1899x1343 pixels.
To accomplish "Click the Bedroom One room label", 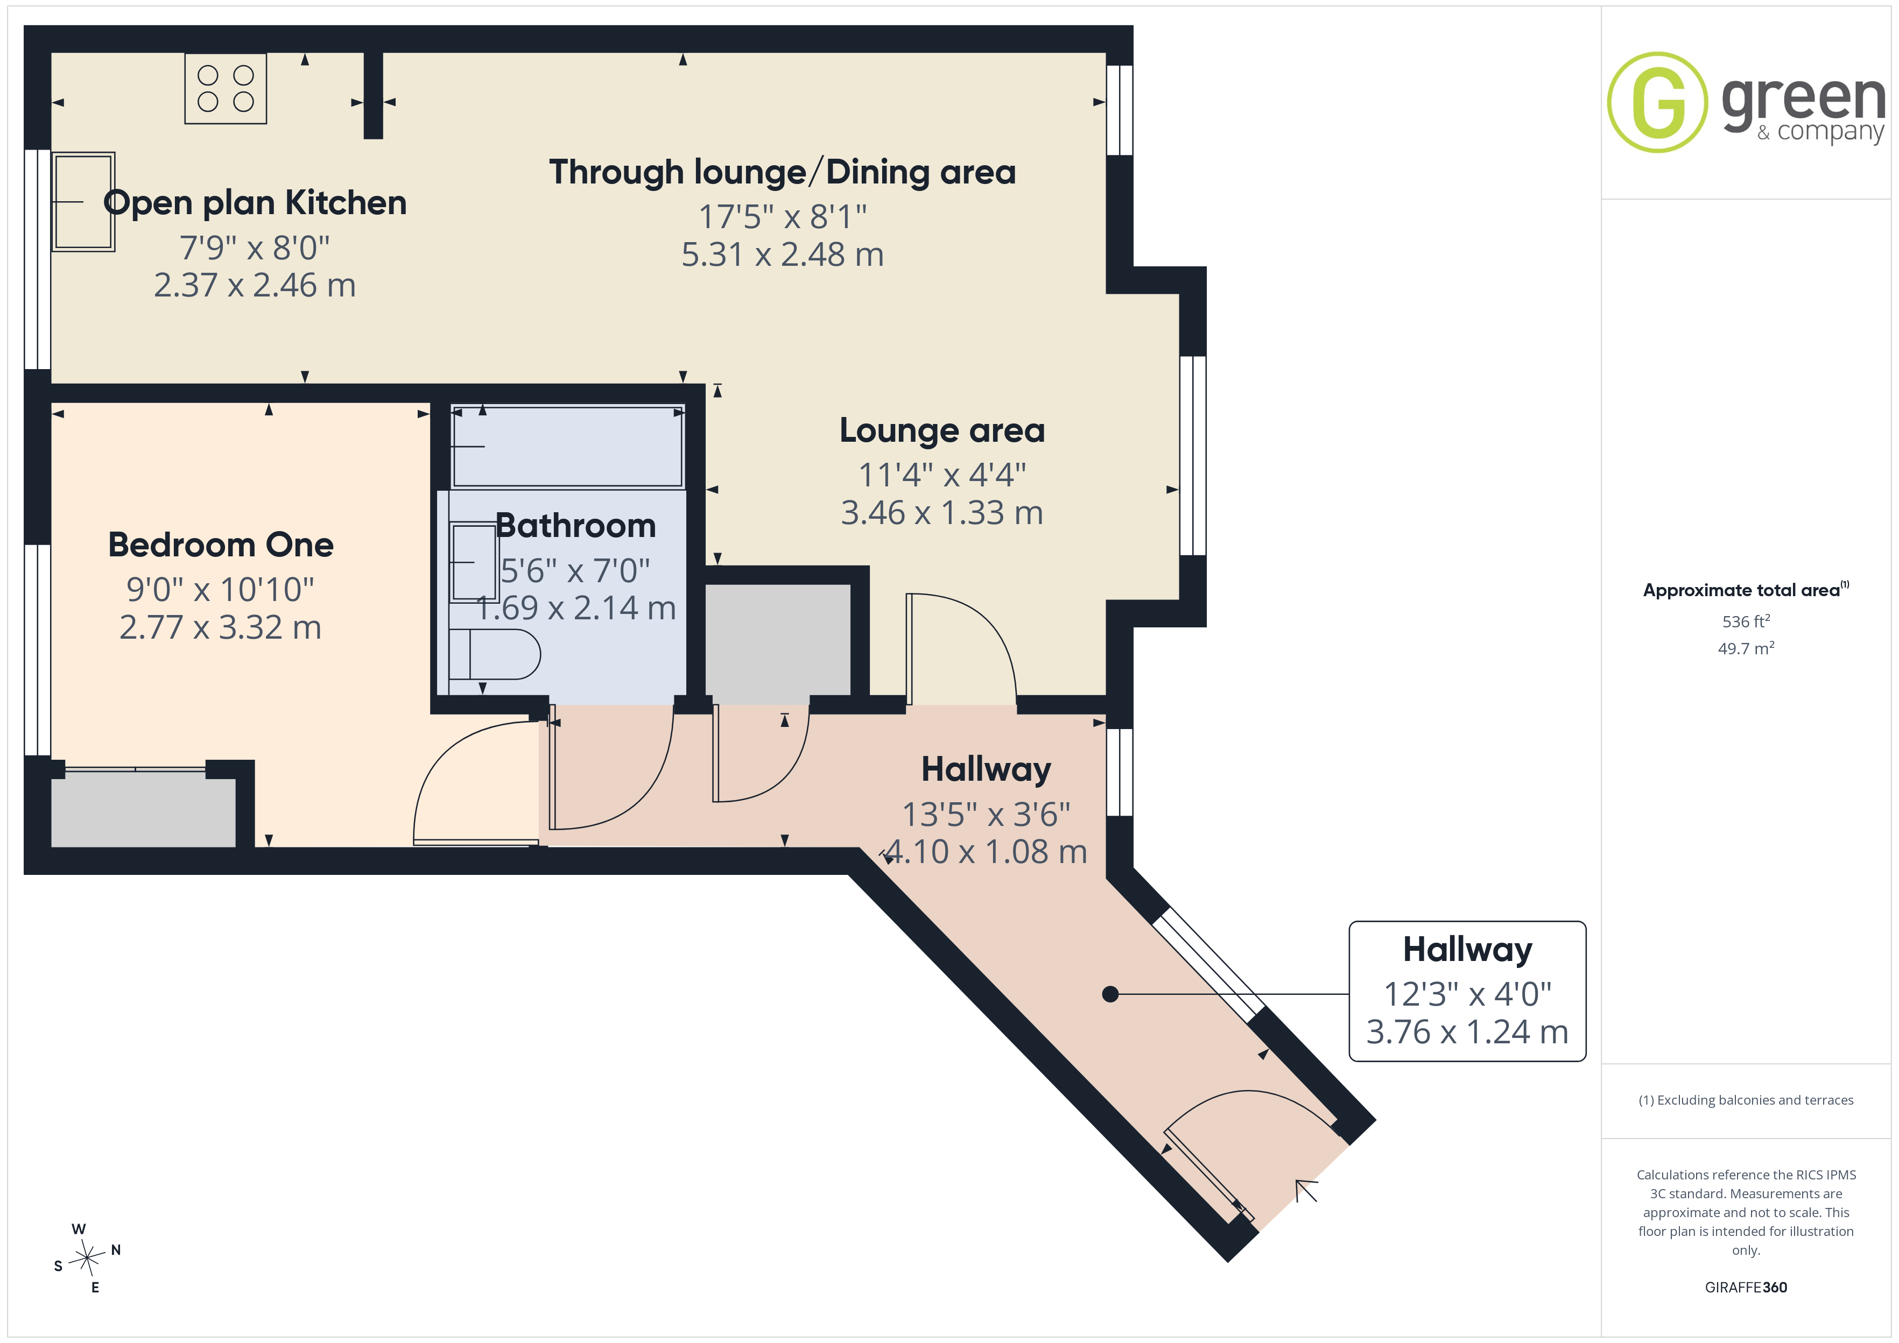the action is (x=221, y=545).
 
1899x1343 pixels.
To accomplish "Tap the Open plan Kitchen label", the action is (x=255, y=203).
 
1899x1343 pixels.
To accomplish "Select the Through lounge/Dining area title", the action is (x=783, y=172).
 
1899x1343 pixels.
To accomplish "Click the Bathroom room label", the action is (x=575, y=526).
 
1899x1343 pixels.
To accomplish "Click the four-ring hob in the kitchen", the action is (x=226, y=88).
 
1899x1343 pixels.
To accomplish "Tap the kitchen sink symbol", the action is (x=83, y=201).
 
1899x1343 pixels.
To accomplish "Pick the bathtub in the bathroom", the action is (x=567, y=447).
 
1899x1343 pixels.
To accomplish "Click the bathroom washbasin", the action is (x=473, y=562).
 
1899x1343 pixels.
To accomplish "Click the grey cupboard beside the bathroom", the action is (x=777, y=639).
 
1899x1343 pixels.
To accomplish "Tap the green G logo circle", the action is (x=1657, y=103).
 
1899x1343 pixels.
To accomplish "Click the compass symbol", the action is (x=87, y=1258).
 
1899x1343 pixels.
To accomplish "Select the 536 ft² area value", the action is (x=1746, y=621).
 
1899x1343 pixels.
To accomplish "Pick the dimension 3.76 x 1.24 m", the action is (x=1467, y=1032).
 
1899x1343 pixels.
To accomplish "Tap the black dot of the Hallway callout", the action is (x=1111, y=994).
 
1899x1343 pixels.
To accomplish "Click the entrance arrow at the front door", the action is (x=1306, y=1191).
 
